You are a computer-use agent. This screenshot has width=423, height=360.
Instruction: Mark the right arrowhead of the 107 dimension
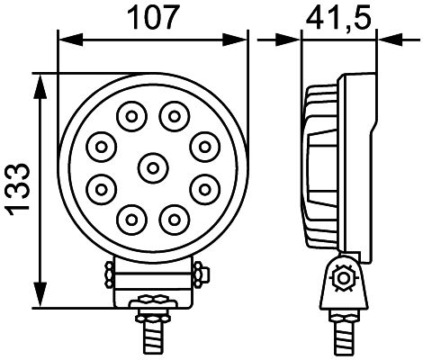pos(238,40)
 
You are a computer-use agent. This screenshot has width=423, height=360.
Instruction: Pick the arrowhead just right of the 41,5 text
pos(388,40)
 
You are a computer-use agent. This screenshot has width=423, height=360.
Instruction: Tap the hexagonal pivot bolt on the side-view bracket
pos(341,278)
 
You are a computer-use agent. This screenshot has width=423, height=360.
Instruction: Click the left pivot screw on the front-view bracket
pos(108,271)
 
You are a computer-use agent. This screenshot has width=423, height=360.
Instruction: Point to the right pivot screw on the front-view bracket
pos(200,271)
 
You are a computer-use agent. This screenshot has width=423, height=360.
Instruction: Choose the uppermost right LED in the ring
pos(173,114)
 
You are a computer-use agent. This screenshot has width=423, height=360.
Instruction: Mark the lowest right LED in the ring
pos(173,216)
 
